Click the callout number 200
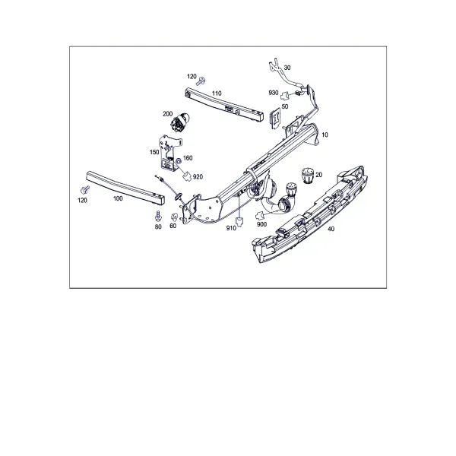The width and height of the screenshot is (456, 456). [167, 114]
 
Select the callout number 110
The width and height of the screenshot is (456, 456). [217, 93]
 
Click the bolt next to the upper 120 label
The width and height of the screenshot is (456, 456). [201, 81]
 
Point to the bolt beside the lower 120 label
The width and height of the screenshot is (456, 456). [84, 190]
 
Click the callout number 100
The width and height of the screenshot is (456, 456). [118, 198]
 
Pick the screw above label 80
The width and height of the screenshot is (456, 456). [158, 216]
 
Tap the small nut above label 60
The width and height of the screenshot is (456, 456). [174, 217]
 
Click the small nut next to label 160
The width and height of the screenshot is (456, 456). [179, 160]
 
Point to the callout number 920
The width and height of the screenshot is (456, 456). [198, 177]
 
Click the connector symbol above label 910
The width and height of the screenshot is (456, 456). [239, 221]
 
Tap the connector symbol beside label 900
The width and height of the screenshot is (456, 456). [261, 216]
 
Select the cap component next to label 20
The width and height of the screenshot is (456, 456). [308, 176]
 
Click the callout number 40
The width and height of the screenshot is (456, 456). [331, 229]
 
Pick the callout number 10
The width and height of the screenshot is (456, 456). [325, 135]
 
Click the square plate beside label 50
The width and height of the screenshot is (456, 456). [275, 118]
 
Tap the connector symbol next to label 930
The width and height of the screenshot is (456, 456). [285, 95]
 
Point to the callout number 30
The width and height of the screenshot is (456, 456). [287, 68]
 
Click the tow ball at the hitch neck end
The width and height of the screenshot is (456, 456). [291, 188]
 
